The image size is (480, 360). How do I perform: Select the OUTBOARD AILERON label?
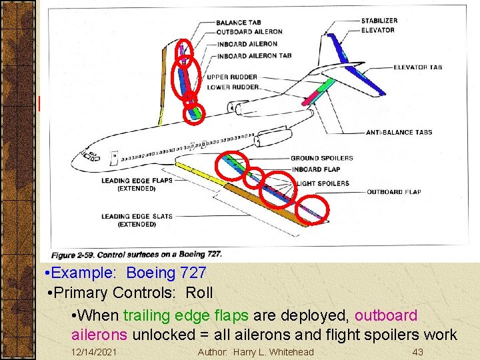(249, 31)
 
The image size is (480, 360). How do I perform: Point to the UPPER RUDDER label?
(233, 77)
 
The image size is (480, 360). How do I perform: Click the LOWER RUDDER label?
(233, 87)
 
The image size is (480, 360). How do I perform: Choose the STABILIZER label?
(379, 21)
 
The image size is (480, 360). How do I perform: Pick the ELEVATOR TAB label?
(417, 67)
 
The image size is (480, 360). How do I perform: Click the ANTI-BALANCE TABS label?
(399, 132)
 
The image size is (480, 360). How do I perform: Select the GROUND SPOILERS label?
(321, 158)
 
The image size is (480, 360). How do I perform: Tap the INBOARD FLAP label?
(315, 169)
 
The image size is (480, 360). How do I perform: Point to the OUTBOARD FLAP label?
(393, 192)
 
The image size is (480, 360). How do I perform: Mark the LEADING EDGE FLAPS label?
(137, 180)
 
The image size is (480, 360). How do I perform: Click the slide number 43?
(418, 352)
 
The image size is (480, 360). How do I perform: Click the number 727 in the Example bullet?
(193, 273)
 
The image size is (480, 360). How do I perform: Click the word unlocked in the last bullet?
(163, 335)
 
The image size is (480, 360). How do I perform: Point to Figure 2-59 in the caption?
(73, 255)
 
